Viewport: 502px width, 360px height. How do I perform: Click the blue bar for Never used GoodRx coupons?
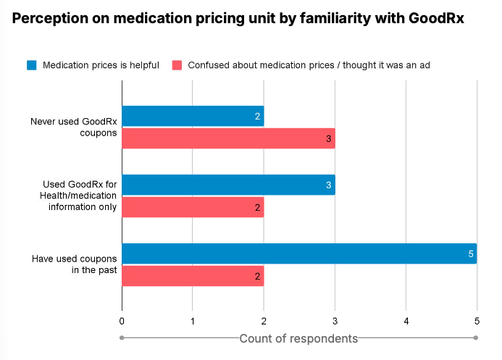tap(193, 117)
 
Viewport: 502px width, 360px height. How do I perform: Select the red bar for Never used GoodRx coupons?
tap(228, 138)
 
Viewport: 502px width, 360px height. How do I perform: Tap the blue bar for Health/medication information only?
tap(228, 185)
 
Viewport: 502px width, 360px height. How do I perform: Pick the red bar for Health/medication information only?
tap(193, 206)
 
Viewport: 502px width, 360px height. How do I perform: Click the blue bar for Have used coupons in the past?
tap(299, 254)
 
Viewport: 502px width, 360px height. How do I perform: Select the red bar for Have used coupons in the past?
tap(193, 275)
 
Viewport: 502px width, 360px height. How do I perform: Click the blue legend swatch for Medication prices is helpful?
tap(32, 65)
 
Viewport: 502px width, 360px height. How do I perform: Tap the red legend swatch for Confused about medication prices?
tap(177, 65)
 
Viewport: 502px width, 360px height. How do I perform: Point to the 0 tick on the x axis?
tap(122, 320)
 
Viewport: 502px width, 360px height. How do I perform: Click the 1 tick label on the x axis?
tap(193, 320)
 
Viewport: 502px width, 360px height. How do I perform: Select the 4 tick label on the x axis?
tap(406, 320)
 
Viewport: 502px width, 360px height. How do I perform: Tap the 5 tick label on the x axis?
tap(477, 320)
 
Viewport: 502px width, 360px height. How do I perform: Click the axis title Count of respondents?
tap(298, 338)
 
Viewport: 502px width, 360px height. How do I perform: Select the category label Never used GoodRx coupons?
tap(73, 127)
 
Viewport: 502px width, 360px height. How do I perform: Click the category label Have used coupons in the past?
tap(73, 264)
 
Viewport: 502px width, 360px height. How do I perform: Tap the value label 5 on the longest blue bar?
tap(470, 254)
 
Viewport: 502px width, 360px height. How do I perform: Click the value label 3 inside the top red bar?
tap(328, 138)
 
